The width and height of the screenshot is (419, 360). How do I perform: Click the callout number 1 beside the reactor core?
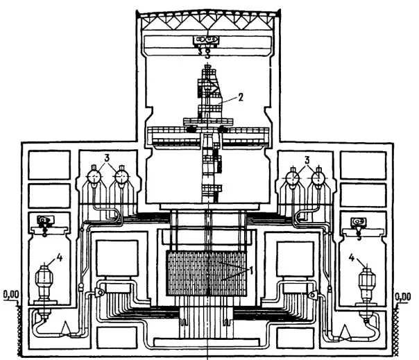[x=251, y=271]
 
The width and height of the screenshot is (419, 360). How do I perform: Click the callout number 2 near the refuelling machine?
[x=240, y=97]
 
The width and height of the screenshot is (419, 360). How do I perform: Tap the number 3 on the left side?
[x=107, y=158]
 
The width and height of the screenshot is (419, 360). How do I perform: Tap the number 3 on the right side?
[x=307, y=160]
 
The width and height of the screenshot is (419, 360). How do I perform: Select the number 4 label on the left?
[x=60, y=257]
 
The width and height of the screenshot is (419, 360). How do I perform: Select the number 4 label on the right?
[x=352, y=257]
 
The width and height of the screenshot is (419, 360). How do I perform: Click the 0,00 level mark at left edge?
[x=11, y=295]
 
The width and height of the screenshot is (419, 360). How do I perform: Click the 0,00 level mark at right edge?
[x=403, y=297]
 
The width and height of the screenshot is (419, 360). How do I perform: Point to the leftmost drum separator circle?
[x=94, y=177]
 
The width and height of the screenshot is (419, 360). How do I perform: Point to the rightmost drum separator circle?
[x=318, y=177]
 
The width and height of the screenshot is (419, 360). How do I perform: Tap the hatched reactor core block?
[x=206, y=273]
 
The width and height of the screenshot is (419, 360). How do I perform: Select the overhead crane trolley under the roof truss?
[x=206, y=40]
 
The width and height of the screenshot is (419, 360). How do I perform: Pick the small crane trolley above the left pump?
[x=45, y=220]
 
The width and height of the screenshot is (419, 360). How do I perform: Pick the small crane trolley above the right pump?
[x=359, y=221]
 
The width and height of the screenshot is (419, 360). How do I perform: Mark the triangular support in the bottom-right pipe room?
[x=345, y=332]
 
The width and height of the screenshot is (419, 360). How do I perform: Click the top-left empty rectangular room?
[x=49, y=165]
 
